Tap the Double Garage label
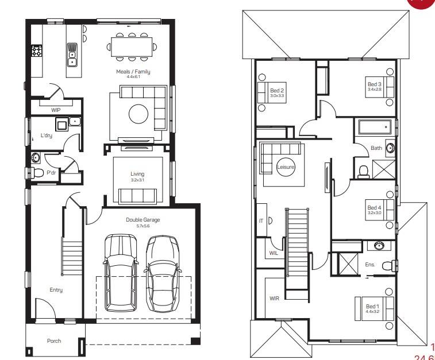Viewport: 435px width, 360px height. click(143, 220)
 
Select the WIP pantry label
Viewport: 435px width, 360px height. click(56, 109)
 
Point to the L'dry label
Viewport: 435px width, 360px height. click(47, 136)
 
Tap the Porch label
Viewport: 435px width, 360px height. click(53, 340)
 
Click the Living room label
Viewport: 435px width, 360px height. click(137, 174)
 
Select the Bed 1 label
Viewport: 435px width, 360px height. click(372, 307)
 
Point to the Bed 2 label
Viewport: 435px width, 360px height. click(277, 91)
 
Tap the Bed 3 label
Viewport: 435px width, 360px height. click(374, 84)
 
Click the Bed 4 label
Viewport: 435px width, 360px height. click(374, 208)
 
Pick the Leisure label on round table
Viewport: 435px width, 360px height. click(286, 167)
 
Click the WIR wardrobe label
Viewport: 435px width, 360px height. click(274, 299)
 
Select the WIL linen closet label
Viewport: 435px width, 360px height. click(274, 253)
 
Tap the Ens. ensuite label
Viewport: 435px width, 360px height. click(370, 265)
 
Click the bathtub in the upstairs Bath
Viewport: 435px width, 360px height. click(375, 126)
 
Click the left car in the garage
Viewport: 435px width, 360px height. click(121, 273)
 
